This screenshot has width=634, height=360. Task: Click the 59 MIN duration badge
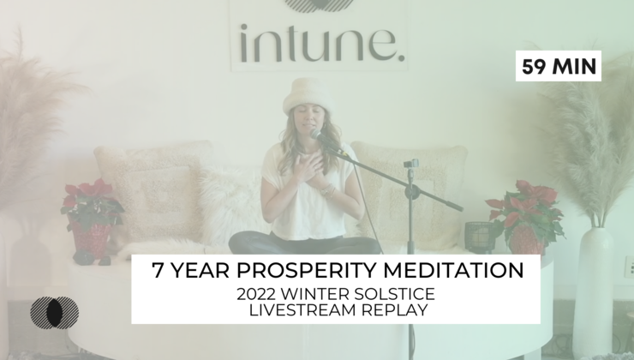[559, 66]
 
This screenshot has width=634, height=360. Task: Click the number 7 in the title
[158, 271]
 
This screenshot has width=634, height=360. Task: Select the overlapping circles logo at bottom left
[54, 310]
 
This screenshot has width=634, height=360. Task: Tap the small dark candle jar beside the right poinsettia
[475, 236]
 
